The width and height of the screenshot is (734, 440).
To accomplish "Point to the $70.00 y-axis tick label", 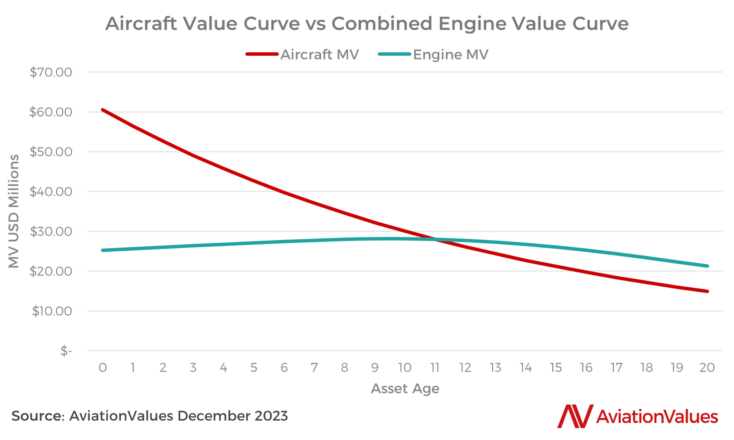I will pos(51,72).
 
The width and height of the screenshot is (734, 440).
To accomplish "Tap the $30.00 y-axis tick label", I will pos(51,231).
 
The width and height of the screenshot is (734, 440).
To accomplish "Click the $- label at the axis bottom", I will pos(66,351).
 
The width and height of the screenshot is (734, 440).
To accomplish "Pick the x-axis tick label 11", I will pos(435,368).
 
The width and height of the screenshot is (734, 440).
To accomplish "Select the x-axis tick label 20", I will pos(707,368).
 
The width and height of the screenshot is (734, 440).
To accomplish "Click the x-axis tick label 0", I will pos(103,368).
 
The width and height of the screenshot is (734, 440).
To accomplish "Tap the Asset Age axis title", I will pos(405,389).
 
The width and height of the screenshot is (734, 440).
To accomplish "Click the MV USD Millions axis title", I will pos(14,211).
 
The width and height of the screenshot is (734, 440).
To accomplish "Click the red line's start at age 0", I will pos(103,110).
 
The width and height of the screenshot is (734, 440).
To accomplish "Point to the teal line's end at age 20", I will pos(707,266).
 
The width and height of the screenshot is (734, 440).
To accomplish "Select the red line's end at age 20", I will pos(707,291).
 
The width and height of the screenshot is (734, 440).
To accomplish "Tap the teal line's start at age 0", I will pos(103,250).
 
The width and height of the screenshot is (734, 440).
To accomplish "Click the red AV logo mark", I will pos(575,416).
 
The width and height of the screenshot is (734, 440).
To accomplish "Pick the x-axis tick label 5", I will pos(254,368).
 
